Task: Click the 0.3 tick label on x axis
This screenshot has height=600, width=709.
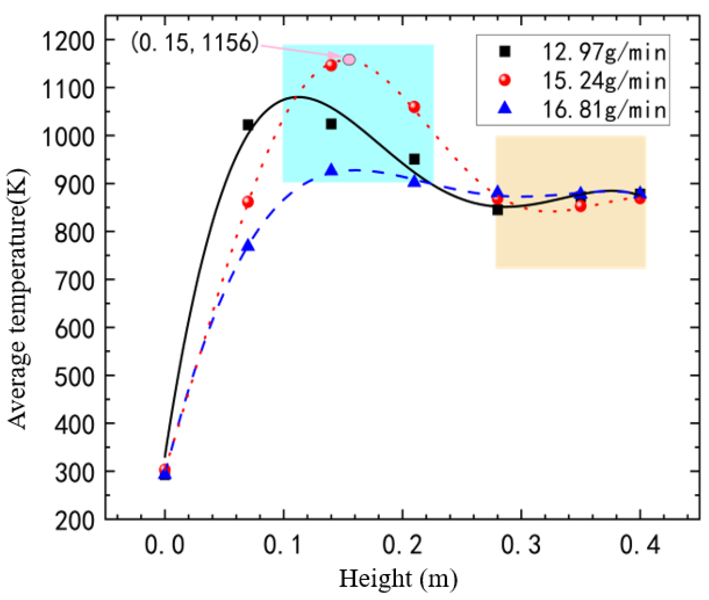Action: [x=521, y=545]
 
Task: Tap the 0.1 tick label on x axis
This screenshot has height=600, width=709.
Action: [x=283, y=545]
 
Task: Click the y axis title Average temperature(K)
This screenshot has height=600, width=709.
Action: [x=18, y=299]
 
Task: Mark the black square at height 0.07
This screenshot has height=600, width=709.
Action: [x=248, y=125]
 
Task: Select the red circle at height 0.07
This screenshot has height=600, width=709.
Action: [x=248, y=202]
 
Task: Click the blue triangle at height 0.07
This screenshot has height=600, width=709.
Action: [x=248, y=245]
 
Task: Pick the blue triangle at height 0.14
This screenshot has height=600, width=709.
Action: [x=331, y=170]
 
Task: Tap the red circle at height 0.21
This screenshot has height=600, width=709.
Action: [x=414, y=107]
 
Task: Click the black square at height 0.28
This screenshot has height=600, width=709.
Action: [x=497, y=210]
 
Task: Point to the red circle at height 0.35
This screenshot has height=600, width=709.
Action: [x=581, y=206]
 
